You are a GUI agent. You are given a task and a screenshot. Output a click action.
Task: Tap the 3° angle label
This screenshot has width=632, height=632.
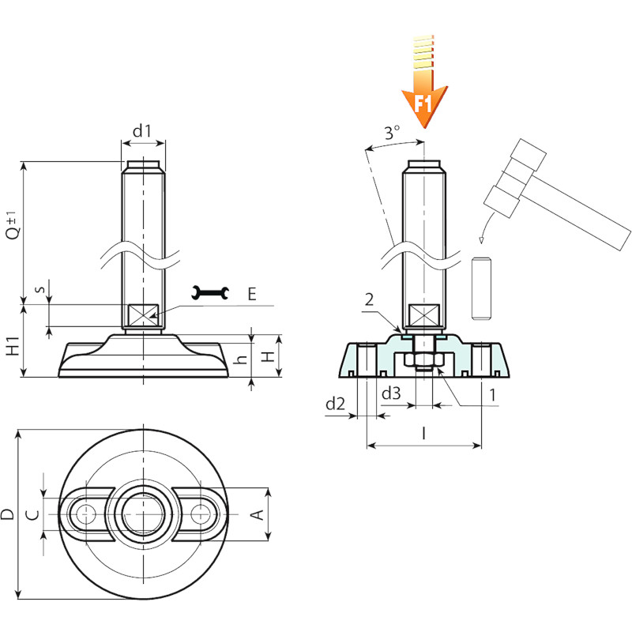pyautogui.click(x=391, y=132)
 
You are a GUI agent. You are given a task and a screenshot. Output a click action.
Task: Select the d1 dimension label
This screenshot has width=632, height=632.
pyautogui.click(x=142, y=130)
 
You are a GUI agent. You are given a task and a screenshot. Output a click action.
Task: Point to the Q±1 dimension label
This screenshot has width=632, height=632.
pyautogui.click(x=13, y=225)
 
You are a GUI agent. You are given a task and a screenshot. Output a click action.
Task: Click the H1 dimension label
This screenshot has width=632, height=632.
pyautogui.click(x=13, y=345)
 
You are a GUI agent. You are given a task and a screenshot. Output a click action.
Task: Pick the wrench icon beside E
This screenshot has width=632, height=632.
pyautogui.click(x=210, y=293)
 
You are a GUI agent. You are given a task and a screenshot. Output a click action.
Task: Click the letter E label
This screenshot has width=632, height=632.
pyautogui.click(x=252, y=294)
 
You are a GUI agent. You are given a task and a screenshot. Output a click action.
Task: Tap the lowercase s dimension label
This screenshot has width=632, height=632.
pyautogui.click(x=39, y=289)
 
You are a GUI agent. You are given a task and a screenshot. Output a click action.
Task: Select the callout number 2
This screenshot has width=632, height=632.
pyautogui.click(x=369, y=299)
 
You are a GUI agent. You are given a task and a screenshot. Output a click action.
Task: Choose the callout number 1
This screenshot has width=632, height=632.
pyautogui.click(x=492, y=395)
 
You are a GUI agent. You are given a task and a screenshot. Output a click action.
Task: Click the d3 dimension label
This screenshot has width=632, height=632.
pyautogui.click(x=391, y=392)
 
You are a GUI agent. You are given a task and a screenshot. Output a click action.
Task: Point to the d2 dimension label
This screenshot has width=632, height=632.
pyautogui.click(x=335, y=403)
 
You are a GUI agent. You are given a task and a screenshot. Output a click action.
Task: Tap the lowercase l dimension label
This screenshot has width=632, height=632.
pyautogui.click(x=423, y=434)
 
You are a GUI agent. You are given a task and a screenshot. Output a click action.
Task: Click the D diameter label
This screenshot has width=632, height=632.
pyautogui.click(x=7, y=514)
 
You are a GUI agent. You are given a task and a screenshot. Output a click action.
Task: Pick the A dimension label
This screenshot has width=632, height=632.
pyautogui.click(x=258, y=515)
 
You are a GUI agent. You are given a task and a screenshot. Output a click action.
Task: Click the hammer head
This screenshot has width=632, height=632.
pyautogui.click(x=515, y=178)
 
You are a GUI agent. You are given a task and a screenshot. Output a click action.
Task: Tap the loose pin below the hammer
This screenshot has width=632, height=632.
pyautogui.click(x=481, y=288)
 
